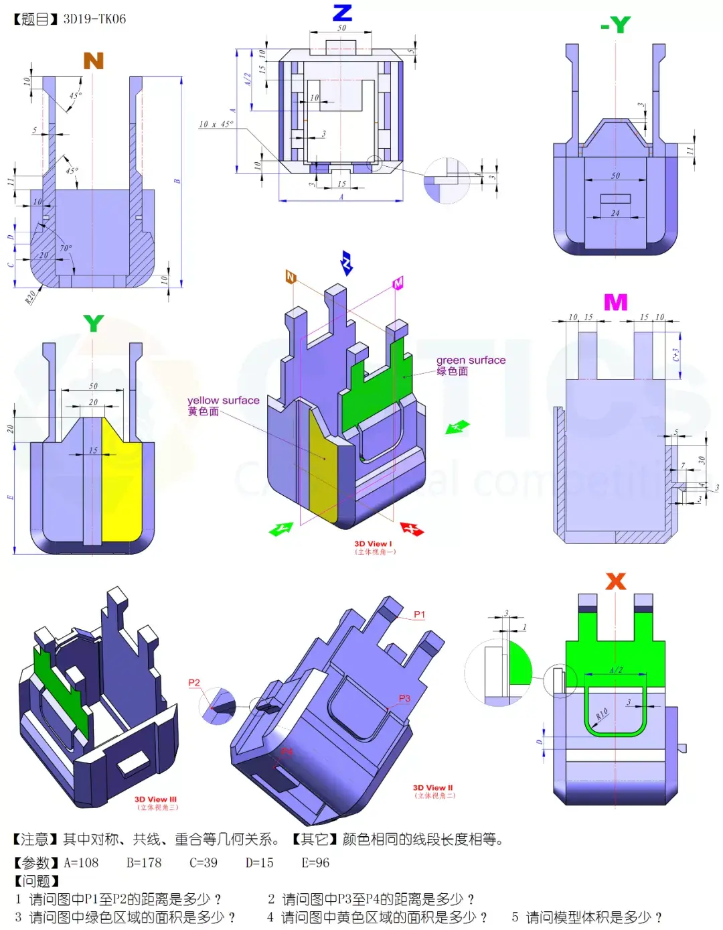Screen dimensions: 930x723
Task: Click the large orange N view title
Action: point(93,61)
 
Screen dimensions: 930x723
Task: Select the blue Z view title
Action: point(342,13)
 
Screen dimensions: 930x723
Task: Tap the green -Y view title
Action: point(615,25)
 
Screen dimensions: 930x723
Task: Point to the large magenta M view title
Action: point(615,302)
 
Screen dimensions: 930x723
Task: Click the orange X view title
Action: point(615,581)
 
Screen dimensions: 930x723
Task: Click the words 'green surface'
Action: point(471,360)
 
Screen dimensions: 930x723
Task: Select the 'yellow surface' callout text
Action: point(223,400)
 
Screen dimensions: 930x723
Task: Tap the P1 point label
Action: point(419,614)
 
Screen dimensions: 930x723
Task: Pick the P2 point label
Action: point(194,683)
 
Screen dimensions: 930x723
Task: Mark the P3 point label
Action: point(404,698)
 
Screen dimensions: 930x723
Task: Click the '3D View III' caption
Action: point(155,799)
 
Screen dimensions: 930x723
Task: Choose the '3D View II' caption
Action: point(432,788)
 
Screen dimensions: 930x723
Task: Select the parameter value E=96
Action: point(315,863)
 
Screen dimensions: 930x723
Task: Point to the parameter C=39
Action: point(203,863)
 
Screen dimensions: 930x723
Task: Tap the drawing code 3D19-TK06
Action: point(94,19)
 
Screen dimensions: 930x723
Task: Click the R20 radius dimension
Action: point(31,297)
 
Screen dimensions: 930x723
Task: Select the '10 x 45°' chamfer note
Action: point(216,124)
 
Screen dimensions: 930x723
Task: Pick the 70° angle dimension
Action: point(66,248)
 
